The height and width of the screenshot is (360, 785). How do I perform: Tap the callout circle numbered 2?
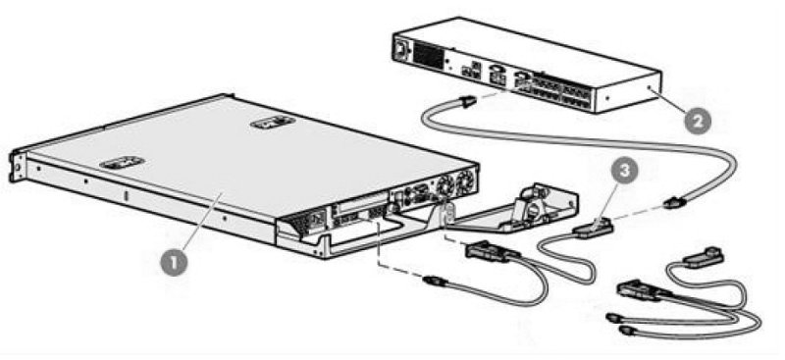coord(697,121)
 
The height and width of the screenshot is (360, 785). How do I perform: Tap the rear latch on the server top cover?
coord(272,123)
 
